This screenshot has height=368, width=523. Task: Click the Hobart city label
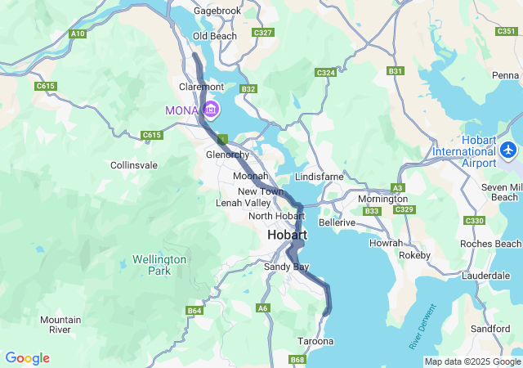287,236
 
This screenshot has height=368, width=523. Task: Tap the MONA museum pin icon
211,110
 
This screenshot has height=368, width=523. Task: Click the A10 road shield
78,34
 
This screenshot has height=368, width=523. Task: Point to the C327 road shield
263,33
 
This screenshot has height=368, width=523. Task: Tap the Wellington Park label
159,265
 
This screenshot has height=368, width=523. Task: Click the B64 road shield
194,311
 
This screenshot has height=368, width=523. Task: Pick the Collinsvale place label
134,165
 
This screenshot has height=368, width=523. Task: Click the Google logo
27,358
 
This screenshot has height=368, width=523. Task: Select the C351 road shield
506,31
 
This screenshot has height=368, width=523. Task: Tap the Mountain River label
60,325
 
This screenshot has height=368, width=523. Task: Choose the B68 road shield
298,359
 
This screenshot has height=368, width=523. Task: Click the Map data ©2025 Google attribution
472,361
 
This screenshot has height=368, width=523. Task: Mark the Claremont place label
201,87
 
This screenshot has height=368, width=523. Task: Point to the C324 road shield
326,73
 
